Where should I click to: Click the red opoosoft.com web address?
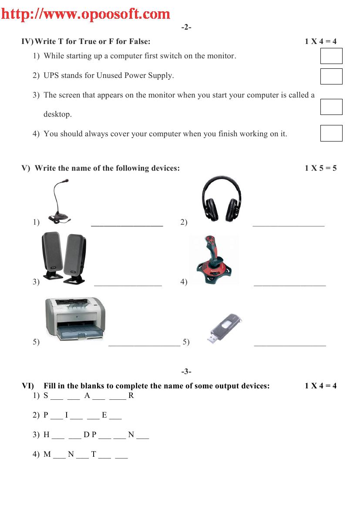85,14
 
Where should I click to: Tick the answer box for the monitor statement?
331,56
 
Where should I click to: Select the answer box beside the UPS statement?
331,76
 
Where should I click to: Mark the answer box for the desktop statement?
331,107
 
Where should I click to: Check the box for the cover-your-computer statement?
331,133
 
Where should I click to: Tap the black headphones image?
222,201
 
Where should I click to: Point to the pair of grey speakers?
64,257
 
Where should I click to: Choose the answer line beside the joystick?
289,286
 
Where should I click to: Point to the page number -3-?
186,371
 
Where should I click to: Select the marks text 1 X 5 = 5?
320,168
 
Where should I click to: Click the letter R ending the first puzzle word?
131,396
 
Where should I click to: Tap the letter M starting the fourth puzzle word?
47,455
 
